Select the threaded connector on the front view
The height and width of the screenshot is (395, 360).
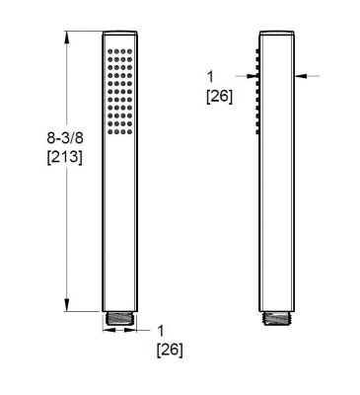(117, 321)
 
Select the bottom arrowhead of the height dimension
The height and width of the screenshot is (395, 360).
(68, 308)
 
